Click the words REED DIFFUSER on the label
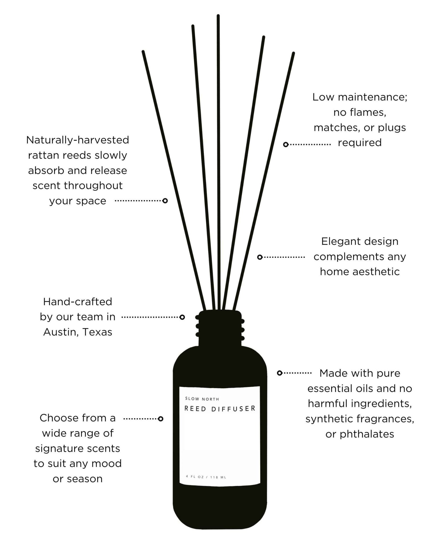click(220, 408)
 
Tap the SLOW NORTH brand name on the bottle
click(202, 399)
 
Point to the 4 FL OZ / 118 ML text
click(206, 477)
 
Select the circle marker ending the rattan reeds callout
click(165, 201)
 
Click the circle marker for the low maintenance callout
click(286, 144)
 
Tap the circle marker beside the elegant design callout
click(260, 257)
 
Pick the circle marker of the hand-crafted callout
click(182, 317)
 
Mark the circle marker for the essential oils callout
click(279, 373)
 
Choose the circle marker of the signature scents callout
click(161, 419)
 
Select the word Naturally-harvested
click(77, 140)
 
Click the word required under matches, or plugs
click(360, 143)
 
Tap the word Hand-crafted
click(77, 302)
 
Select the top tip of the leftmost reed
click(143, 52)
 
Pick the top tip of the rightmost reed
click(293, 53)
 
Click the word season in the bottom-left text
click(85, 479)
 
